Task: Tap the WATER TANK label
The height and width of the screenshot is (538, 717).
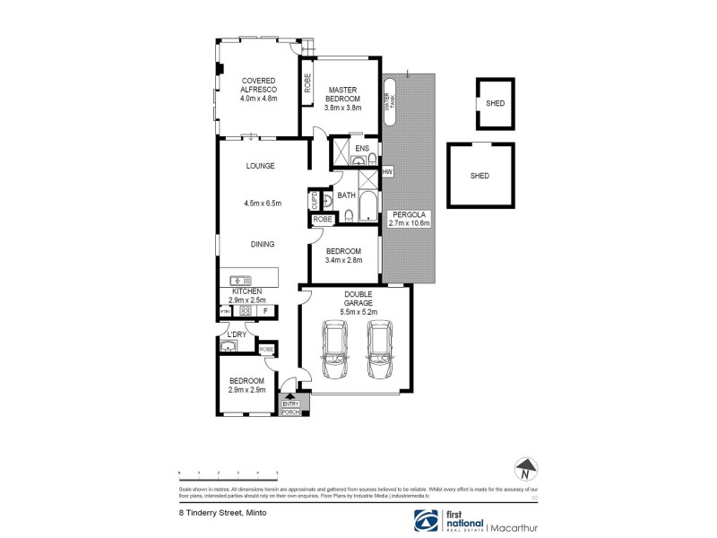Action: click(389, 96)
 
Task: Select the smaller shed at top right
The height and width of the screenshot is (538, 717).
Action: click(495, 103)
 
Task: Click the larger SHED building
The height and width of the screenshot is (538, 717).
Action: click(479, 175)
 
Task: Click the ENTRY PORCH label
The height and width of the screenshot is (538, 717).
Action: click(291, 409)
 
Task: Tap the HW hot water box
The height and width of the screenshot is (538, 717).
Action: click(387, 171)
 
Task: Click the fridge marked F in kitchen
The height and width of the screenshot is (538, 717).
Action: click(264, 311)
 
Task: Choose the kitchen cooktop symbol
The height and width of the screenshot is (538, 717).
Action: click(242, 311)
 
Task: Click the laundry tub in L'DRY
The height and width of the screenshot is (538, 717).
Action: click(230, 344)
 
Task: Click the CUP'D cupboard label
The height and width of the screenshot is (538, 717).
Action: click(315, 200)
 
